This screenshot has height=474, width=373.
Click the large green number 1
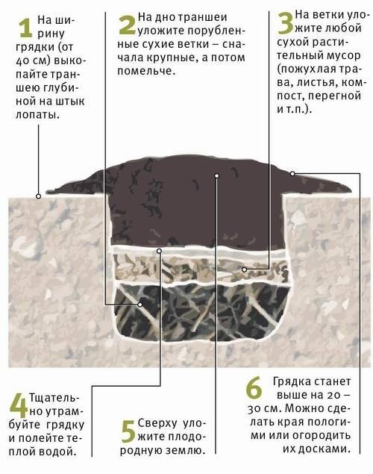[25, 28]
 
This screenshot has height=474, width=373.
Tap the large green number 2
[127, 25]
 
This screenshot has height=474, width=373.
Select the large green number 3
[285, 23]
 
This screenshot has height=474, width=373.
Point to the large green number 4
[19, 406]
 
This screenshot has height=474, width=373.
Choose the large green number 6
[254, 388]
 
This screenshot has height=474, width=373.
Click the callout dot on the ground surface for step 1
[38, 196]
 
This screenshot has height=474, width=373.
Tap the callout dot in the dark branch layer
[140, 305]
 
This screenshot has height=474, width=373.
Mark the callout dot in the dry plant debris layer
[245, 269]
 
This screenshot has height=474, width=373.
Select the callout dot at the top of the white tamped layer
[159, 251]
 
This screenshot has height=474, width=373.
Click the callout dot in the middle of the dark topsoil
[216, 175]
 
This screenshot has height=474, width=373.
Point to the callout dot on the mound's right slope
[292, 173]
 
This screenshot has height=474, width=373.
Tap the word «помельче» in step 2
[145, 72]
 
